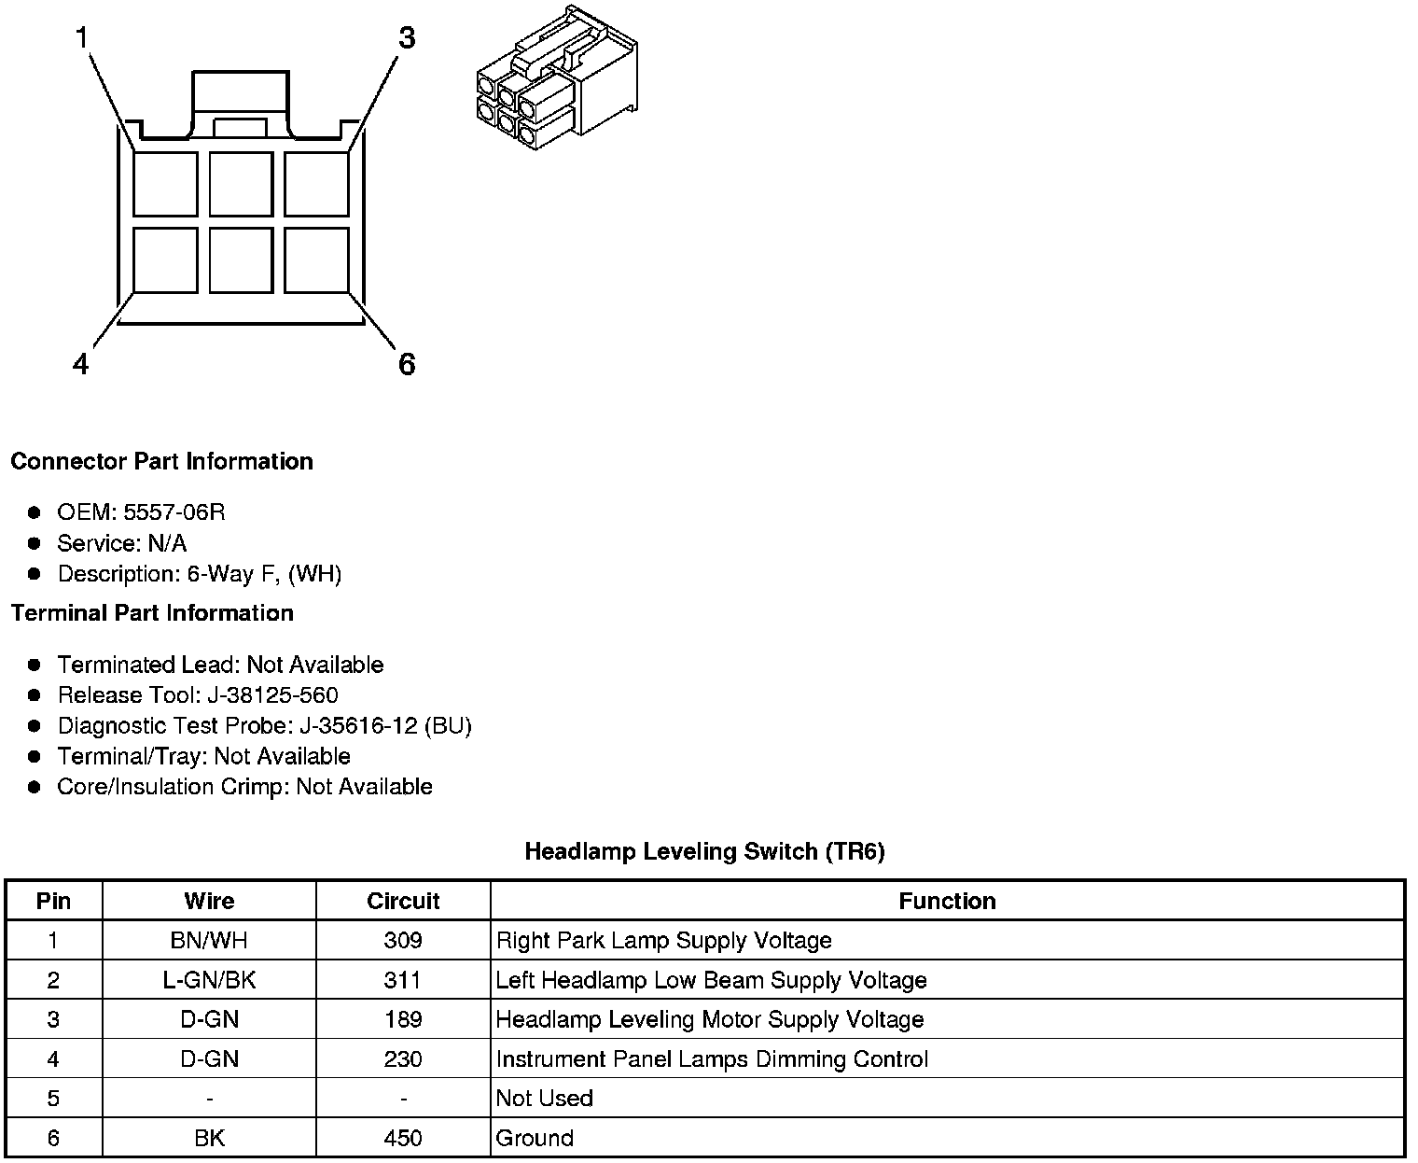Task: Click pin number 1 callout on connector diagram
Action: (x=83, y=38)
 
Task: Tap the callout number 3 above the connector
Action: (x=406, y=38)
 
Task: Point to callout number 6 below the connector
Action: (x=406, y=364)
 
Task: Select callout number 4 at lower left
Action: (x=81, y=364)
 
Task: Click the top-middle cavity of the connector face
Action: (x=241, y=184)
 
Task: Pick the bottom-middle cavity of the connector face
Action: (x=241, y=260)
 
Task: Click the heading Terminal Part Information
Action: (x=152, y=613)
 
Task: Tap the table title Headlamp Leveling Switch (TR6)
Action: (x=704, y=851)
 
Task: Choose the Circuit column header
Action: (x=403, y=901)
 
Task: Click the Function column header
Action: (x=947, y=901)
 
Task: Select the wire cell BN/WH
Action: (x=209, y=940)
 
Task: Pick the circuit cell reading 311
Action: (x=403, y=980)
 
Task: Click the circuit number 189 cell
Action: (x=403, y=1019)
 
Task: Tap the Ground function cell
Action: (x=535, y=1138)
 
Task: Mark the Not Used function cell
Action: (x=544, y=1099)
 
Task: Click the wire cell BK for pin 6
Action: (x=209, y=1138)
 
